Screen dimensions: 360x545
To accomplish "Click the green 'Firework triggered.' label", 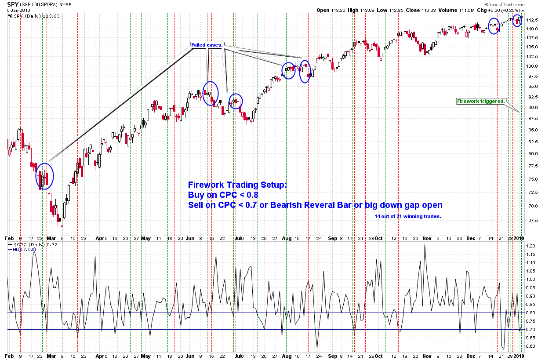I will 481,101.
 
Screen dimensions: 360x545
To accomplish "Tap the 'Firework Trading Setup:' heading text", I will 237,185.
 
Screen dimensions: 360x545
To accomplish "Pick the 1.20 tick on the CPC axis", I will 530,246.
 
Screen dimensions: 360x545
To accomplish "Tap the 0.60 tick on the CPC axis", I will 530,346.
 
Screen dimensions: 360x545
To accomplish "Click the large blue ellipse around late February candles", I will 45,176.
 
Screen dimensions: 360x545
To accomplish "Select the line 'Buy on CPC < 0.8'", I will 223,195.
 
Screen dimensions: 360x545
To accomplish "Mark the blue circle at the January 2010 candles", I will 518,20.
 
